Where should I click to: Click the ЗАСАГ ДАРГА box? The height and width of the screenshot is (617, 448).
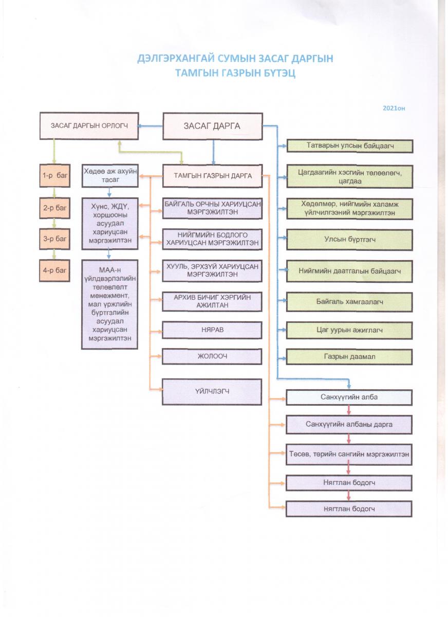pos(213,126)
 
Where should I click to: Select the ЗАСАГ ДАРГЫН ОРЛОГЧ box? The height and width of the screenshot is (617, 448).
pos(89,125)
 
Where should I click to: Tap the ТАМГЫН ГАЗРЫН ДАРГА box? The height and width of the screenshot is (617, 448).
pos(213,176)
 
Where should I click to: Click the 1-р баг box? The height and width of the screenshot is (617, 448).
pos(55,175)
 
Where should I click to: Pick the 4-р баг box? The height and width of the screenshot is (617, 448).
pos(54,270)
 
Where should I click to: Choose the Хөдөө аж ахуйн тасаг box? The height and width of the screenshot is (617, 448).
pos(110,175)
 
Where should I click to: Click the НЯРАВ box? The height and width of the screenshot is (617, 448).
pos(212,330)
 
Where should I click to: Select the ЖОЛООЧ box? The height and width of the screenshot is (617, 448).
pos(212,356)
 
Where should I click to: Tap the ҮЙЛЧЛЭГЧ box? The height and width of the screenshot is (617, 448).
pos(212,392)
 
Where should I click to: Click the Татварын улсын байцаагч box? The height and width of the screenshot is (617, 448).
pos(350,146)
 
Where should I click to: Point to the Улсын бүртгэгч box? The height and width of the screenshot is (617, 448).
pos(349,240)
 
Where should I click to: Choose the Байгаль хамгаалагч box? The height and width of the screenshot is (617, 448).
pos(349,302)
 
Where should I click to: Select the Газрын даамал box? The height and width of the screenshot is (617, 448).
pos(349,357)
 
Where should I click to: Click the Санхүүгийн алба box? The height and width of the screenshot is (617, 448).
pos(349,397)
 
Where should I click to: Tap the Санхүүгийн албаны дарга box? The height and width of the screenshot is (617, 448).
pos(349,425)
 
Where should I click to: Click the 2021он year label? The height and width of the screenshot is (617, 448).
pos(394,108)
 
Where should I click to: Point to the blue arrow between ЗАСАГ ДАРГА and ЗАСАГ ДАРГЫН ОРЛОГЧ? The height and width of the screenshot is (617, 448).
pos(150,126)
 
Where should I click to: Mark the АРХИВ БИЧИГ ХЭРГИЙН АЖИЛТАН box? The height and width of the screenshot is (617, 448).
pos(212,302)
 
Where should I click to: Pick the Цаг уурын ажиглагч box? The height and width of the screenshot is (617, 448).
pos(349,330)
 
